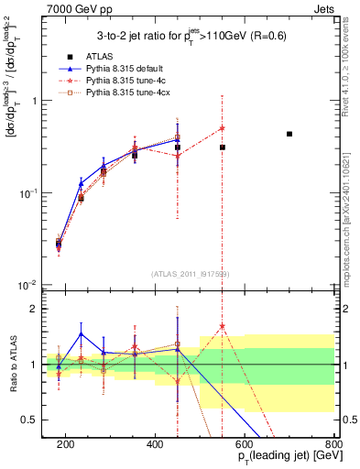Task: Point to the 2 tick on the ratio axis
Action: click(x=38, y=309)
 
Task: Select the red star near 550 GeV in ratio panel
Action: click(x=223, y=326)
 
